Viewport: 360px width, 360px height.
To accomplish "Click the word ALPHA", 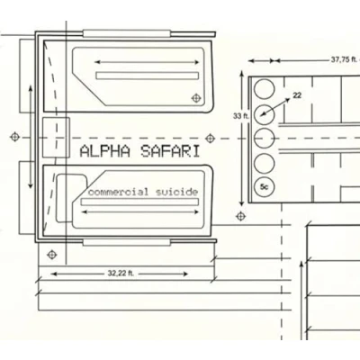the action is (x=105, y=151).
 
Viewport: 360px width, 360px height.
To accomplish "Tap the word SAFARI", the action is (x=170, y=151).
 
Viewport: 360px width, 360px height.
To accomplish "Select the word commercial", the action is (x=118, y=192).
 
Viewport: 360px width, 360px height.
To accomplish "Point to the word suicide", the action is (x=176, y=192).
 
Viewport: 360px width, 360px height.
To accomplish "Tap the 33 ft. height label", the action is (x=241, y=116).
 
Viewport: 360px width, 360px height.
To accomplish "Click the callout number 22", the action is (x=297, y=95).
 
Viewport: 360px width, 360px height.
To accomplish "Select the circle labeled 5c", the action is (x=264, y=187).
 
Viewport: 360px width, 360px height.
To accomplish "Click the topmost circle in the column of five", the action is (x=264, y=89).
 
